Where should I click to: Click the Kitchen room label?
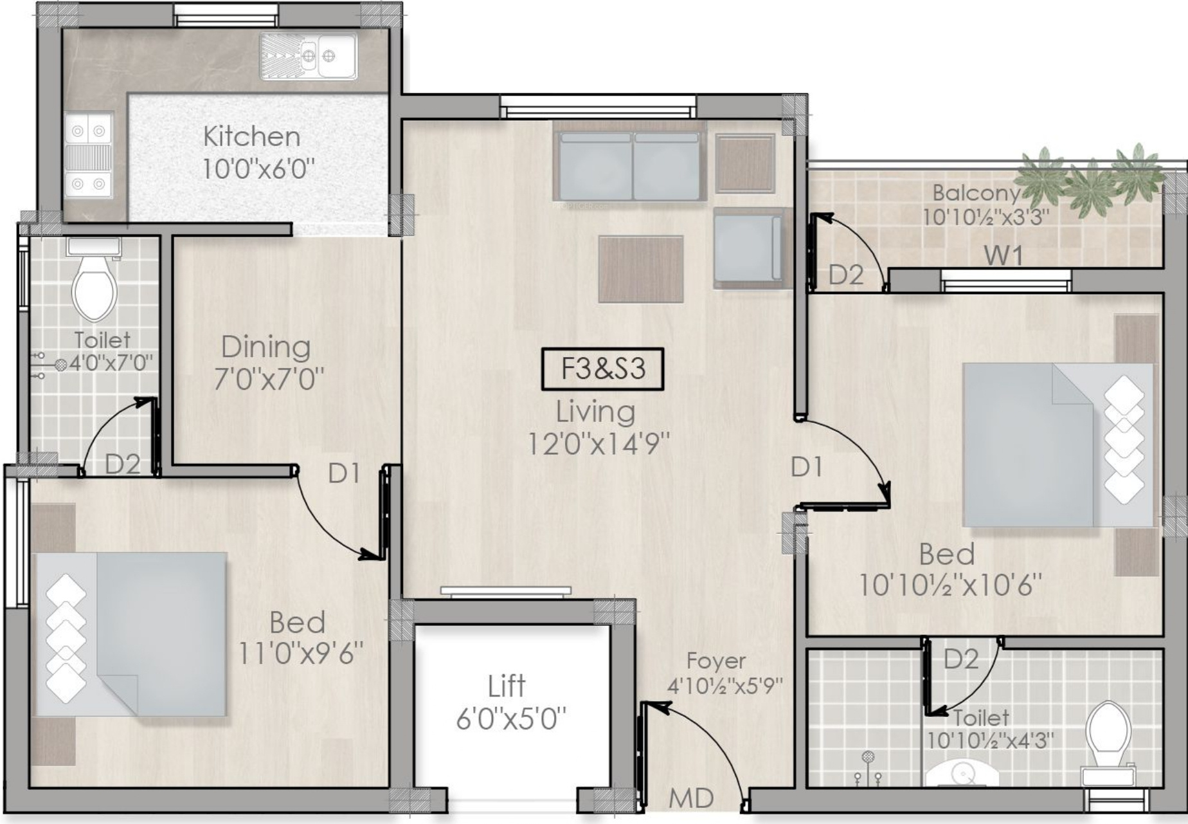(251, 136)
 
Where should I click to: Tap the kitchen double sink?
(308, 57)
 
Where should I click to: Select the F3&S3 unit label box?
(602, 369)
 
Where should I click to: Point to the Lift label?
(507, 686)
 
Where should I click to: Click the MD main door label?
(691, 798)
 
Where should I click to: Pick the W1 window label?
(1004, 255)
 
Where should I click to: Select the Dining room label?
(265, 347)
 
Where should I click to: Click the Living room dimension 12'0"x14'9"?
(598, 443)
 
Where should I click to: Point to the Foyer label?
(715, 661)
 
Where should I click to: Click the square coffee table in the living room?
(640, 269)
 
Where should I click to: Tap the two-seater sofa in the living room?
(629, 166)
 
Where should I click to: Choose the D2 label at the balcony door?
(845, 275)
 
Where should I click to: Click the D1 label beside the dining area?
(343, 473)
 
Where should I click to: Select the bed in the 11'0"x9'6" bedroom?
(131, 634)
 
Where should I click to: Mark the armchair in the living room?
(748, 248)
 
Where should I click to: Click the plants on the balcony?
(1091, 178)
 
